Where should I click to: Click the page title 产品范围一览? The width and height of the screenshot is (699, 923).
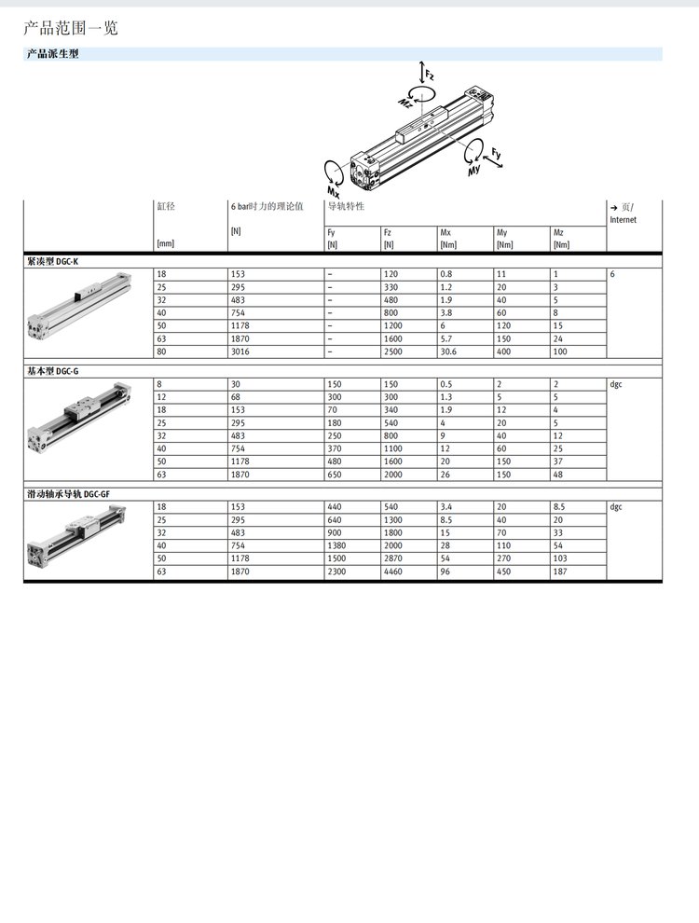71,28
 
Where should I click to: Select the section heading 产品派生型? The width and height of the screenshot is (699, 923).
52,53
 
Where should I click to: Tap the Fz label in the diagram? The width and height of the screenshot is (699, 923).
430,75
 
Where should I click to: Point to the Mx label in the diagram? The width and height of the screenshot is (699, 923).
333,191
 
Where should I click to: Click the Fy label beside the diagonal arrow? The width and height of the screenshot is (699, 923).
496,153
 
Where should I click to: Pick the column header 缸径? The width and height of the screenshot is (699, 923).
166,206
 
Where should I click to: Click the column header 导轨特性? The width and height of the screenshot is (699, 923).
346,206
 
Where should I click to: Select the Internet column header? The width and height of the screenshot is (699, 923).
624,220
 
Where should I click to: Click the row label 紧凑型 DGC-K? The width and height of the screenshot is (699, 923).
52,261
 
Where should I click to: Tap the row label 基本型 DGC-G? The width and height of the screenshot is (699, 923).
52,371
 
